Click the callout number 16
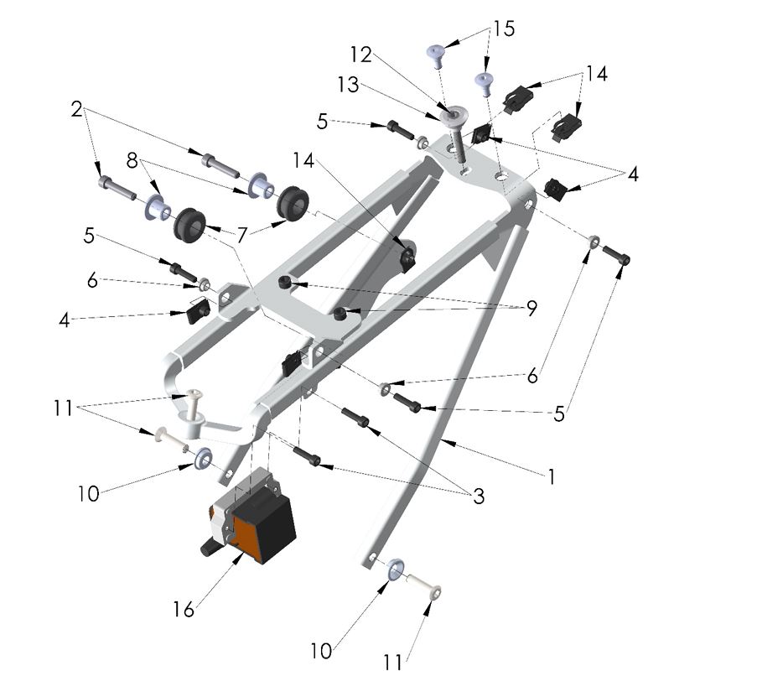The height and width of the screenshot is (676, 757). point(183,610)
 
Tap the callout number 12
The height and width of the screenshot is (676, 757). point(360,55)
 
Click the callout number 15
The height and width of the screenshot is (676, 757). point(503,29)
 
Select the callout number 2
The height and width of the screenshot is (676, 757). point(76,109)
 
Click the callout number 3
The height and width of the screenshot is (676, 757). point(478,496)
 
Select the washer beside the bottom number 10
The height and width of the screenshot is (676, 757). point(396,571)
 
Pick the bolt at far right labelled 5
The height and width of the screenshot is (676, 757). point(617,257)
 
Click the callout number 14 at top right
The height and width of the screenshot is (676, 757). point(596,74)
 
